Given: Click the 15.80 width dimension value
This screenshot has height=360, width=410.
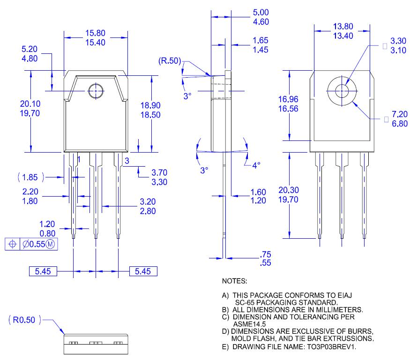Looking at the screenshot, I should point(95,33).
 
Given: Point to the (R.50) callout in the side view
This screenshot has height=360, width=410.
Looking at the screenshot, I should point(171,61).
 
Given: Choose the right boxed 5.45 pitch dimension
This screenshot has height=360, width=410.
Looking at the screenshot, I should point(143,271).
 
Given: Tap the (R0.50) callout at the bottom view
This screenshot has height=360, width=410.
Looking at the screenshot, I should point(24,320).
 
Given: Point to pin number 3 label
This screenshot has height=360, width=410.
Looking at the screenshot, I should point(127,161).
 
